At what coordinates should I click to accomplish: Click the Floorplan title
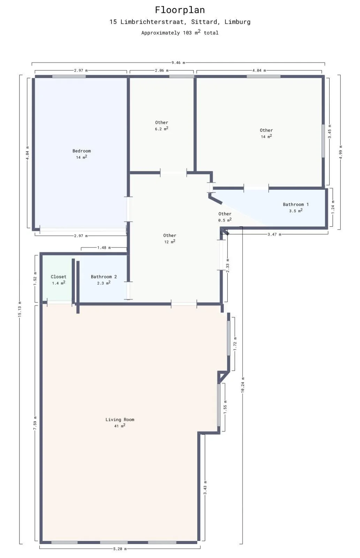(180, 10)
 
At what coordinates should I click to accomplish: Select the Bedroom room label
(82, 151)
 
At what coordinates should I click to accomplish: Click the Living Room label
(120, 420)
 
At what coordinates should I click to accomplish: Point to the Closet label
(59, 277)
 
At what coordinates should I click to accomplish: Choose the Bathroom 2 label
(104, 277)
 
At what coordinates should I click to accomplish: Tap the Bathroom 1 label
(296, 204)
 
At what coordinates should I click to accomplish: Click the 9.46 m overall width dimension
(178, 63)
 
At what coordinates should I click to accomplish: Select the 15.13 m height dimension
(20, 309)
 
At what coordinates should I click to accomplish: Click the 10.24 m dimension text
(243, 385)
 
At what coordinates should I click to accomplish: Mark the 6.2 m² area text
(161, 129)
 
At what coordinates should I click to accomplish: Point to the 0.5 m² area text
(225, 220)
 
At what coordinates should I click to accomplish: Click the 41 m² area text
(120, 426)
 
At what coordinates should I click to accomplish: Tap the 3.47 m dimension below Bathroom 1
(274, 234)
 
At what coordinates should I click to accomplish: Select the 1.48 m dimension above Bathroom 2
(104, 248)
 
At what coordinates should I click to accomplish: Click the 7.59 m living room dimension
(35, 423)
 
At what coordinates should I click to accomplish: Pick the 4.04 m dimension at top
(259, 70)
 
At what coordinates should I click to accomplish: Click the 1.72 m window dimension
(235, 344)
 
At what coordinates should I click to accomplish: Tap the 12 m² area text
(169, 242)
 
